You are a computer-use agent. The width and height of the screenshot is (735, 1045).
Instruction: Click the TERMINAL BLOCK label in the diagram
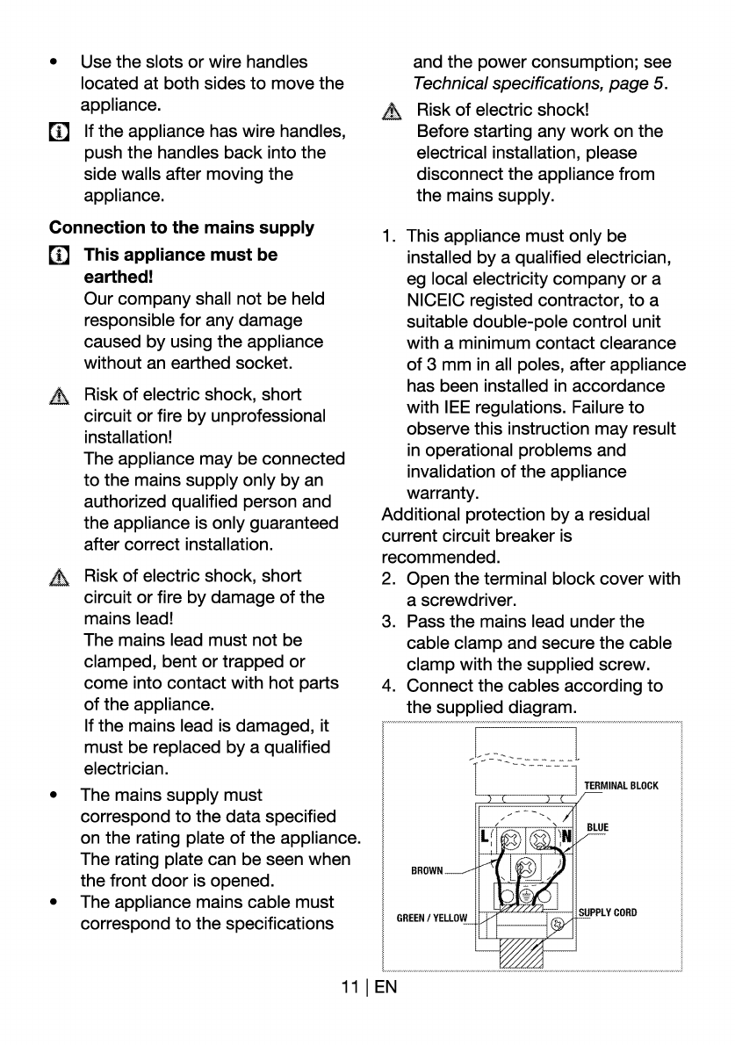coord(621,785)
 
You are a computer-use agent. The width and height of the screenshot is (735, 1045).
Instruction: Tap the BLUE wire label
coord(598,828)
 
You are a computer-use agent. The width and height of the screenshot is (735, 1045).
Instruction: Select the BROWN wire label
coord(428,870)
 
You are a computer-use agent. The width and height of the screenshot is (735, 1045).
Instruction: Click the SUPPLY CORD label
coord(608,912)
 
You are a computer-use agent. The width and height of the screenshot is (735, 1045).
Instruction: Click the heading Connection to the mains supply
coord(182,227)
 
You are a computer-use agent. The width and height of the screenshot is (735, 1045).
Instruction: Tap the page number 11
coord(354,987)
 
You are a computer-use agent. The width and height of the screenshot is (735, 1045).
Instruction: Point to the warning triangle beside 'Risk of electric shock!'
coord(392,112)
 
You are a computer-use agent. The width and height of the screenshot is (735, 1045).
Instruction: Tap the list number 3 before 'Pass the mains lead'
coord(387,622)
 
